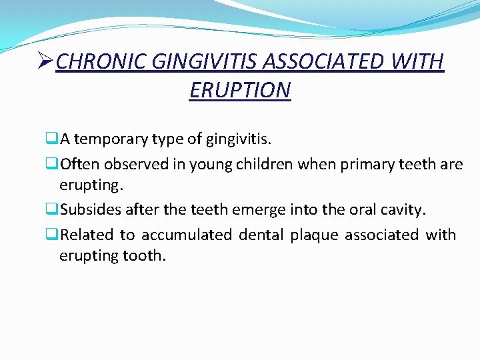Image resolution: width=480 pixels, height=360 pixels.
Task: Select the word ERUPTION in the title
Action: tap(240, 89)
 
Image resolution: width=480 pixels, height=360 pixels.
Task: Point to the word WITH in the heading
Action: tap(417, 62)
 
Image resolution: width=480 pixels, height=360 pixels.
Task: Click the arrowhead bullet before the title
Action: tap(46, 62)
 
